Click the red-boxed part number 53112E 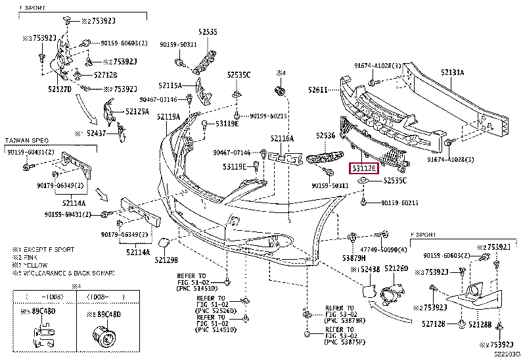coord(363,168)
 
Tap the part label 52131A coord(452,72)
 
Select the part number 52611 coord(319,89)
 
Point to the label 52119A coord(168,117)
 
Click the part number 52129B coord(166,260)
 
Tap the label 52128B coord(480,325)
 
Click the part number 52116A coord(282,139)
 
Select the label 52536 coord(325,135)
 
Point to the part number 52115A coord(170,85)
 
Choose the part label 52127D coord(60,88)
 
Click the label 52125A coord(137,112)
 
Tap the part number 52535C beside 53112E coord(394,180)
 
